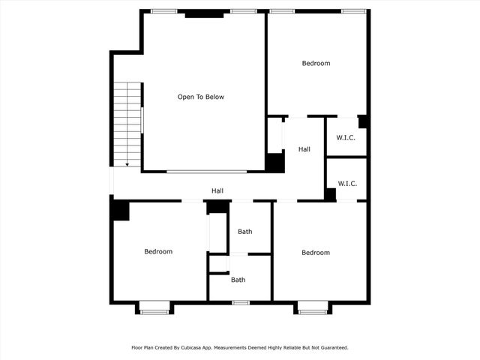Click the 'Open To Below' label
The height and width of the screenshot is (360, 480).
click(200, 97)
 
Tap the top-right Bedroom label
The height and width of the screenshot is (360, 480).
click(316, 64)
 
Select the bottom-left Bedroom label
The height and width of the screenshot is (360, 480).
click(158, 252)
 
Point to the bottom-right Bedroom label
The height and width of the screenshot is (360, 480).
click(316, 253)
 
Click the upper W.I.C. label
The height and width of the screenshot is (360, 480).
click(346, 138)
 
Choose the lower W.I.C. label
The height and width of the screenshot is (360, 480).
click(346, 184)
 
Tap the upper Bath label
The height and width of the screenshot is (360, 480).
click(245, 232)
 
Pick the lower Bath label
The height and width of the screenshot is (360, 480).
click(238, 280)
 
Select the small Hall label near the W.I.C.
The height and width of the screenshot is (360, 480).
click(304, 150)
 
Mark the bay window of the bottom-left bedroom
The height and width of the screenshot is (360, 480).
click(155, 307)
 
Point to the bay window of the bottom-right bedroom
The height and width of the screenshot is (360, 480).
click(313, 307)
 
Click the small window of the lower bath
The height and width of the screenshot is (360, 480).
click(240, 302)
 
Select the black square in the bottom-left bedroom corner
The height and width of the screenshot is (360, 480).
click(120, 211)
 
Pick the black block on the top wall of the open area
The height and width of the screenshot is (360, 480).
click(204, 13)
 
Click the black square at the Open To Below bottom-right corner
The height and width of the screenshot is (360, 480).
click(275, 163)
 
